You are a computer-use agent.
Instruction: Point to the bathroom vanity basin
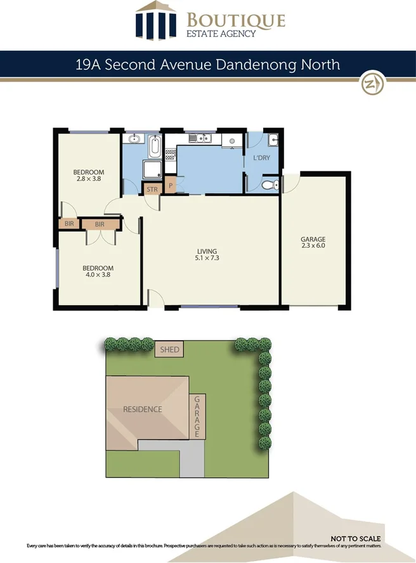click(x=134, y=139)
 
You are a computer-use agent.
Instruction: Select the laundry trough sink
click(x=272, y=140)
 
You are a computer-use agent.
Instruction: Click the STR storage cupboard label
click(x=152, y=189)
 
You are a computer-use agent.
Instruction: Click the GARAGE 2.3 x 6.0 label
click(x=313, y=242)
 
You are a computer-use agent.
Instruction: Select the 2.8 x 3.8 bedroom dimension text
click(x=88, y=179)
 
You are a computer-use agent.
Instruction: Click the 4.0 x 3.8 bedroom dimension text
click(x=98, y=275)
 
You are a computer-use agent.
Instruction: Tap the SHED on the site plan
click(x=169, y=349)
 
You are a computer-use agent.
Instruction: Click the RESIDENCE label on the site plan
click(x=142, y=409)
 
